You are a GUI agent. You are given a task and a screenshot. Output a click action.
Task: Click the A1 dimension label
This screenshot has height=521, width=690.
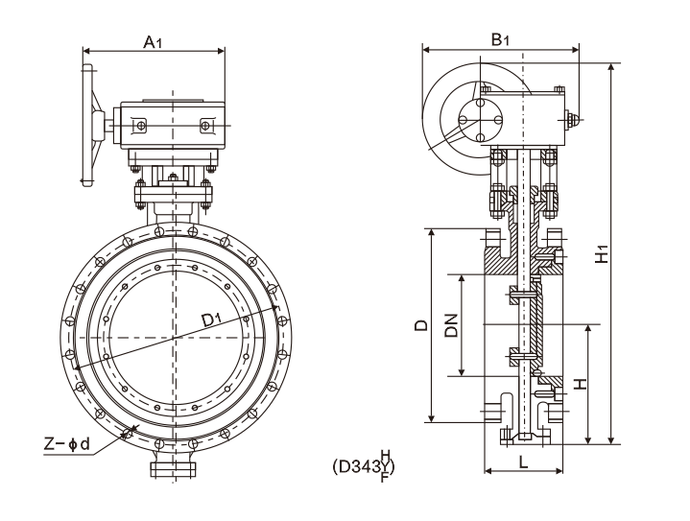[x=153, y=41]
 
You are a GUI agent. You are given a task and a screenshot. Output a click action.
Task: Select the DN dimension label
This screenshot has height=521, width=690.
[x=450, y=325]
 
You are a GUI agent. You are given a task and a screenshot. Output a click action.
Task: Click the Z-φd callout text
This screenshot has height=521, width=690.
[x=67, y=443]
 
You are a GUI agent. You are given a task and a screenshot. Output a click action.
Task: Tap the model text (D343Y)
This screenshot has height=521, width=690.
[x=364, y=466]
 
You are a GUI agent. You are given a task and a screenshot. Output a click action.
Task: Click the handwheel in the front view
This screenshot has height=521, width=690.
[x=90, y=123]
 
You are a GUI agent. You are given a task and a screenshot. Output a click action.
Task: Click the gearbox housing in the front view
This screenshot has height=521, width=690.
[x=174, y=125]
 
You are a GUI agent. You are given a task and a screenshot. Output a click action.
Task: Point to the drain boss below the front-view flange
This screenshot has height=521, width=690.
[x=174, y=469]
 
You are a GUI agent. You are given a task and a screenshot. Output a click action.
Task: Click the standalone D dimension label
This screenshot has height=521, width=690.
[x=420, y=325]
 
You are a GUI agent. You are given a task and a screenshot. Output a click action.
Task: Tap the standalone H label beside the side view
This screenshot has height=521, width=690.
[x=578, y=384]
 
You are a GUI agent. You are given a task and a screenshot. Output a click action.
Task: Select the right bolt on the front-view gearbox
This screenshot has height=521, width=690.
[x=205, y=126]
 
